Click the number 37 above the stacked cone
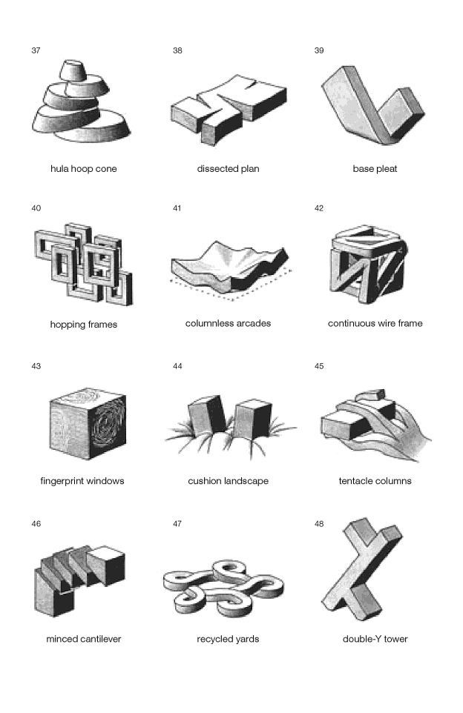36,50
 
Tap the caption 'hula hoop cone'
83,169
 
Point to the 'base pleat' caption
375,169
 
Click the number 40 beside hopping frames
36,208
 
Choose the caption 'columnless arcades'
228,323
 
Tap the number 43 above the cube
36,366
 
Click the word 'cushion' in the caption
204,481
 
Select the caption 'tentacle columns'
375,481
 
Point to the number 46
36,524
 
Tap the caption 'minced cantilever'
83,639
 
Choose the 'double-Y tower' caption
375,639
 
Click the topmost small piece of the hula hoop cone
73,70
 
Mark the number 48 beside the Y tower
319,524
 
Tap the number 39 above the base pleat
319,50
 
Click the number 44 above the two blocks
177,366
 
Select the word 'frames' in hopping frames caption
102,325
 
